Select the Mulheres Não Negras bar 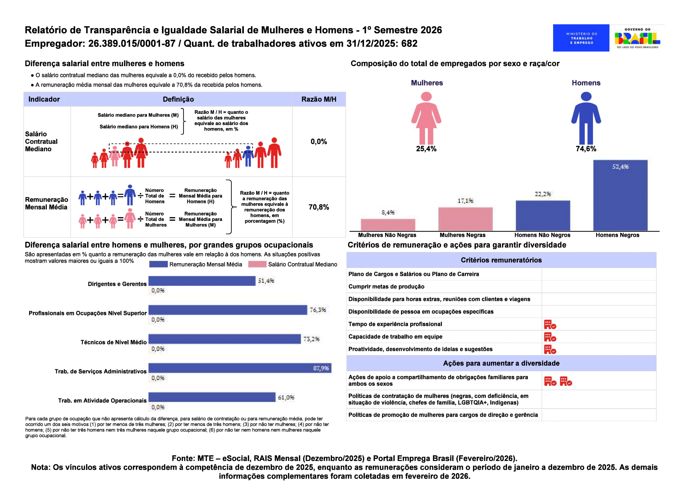point(388,225)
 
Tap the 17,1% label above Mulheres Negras point(465,201)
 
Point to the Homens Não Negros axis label point(542,235)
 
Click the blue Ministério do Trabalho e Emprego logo point(581,38)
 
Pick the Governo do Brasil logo point(637,38)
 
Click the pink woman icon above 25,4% point(426,118)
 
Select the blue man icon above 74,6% point(586,118)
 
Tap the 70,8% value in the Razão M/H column point(319,207)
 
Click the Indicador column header point(44,99)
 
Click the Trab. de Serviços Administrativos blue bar point(239,368)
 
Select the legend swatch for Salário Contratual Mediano point(257,264)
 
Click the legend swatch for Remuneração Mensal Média point(158,264)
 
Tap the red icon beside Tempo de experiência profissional point(550,324)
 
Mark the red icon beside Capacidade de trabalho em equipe point(550,337)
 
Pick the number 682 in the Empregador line point(409,44)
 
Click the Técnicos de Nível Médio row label point(113,342)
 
